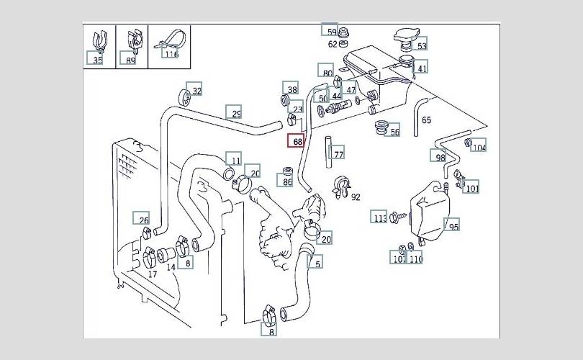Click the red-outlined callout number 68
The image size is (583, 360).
click(297, 141)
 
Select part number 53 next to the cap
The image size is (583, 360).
click(421, 46)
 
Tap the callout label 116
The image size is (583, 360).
click(171, 53)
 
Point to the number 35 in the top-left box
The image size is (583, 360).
click(97, 60)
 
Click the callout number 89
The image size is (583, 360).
click(130, 60)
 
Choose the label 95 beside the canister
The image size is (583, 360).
click(453, 226)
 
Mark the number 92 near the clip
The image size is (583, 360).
click(356, 196)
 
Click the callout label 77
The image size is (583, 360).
click(338, 153)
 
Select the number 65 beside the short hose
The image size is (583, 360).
click(426, 120)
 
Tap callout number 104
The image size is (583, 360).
click(479, 147)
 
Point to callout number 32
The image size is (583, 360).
click(196, 91)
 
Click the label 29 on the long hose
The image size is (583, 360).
click(235, 113)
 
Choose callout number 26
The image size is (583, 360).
click(143, 221)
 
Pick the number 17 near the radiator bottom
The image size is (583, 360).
click(152, 274)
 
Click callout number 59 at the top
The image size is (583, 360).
click(331, 32)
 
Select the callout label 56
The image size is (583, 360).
click(394, 133)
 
